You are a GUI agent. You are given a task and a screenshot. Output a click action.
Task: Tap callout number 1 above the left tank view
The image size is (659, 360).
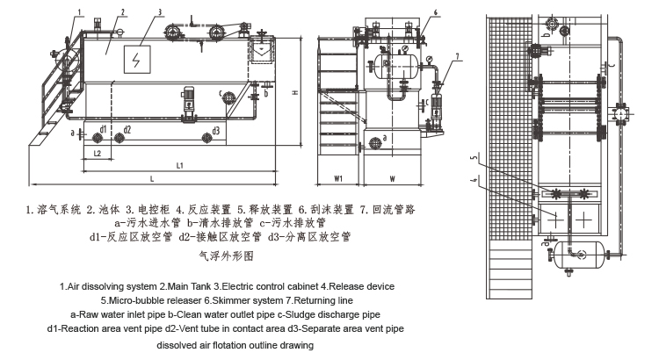coord(78,11)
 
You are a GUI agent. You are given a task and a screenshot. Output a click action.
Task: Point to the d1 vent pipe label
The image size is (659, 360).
coord(103,129)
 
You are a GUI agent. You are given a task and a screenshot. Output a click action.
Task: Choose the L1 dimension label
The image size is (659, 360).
coord(178,165)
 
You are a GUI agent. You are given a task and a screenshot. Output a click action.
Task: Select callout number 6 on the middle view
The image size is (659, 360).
coord(435,12)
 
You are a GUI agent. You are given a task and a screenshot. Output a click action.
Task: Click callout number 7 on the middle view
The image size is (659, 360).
coord(458,55)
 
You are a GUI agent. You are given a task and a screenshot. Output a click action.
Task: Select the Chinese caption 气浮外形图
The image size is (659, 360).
coord(227,256)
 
